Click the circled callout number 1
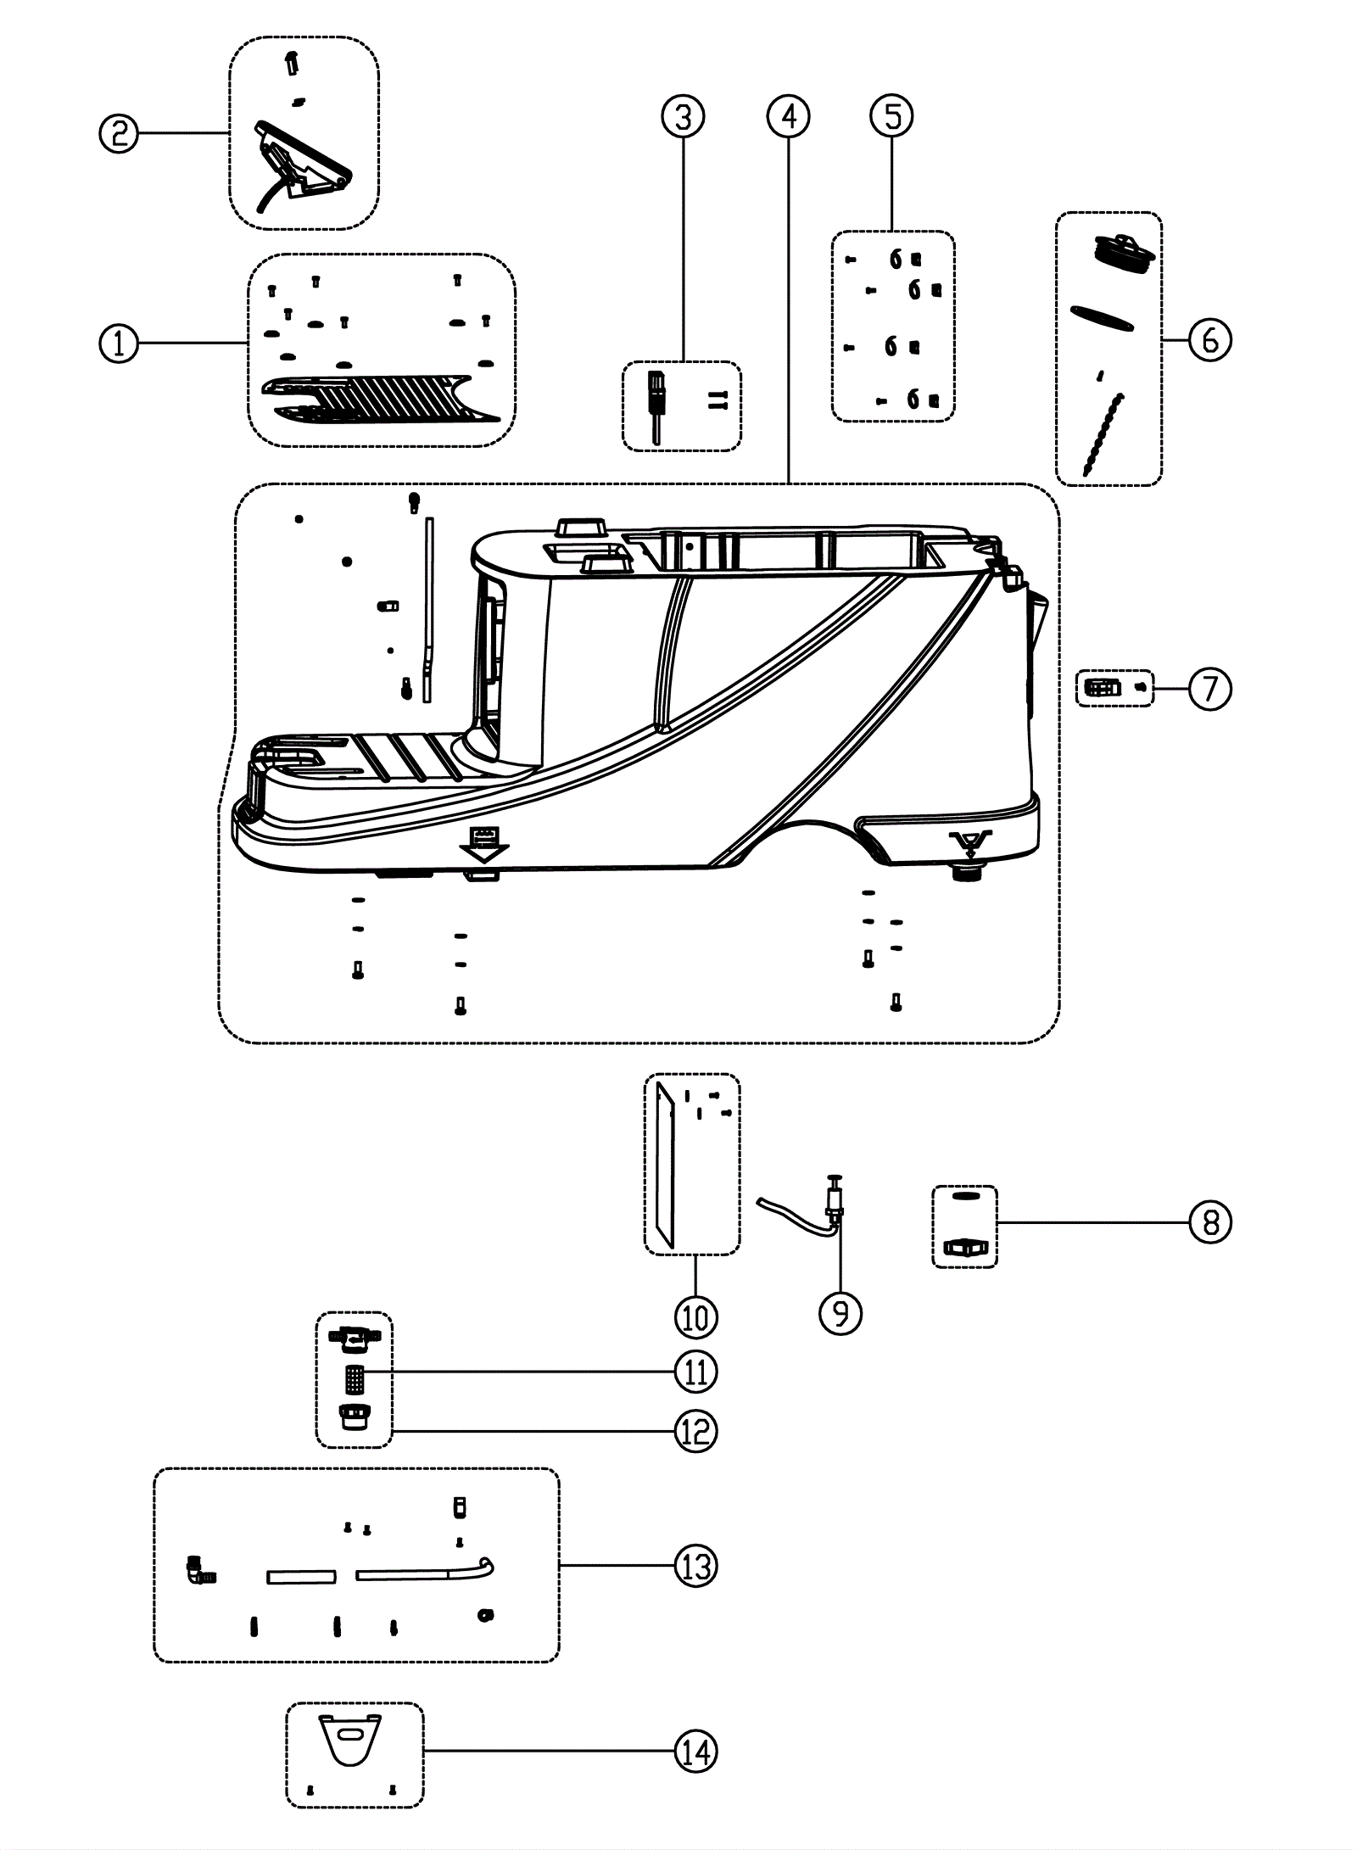pos(119,344)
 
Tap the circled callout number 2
pos(119,133)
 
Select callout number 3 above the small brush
pos(684,116)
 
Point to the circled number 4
pos(789,116)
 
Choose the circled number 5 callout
pos(893,116)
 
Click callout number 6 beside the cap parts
pos(1209,340)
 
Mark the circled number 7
pos(1209,689)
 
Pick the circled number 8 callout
pos(1209,1222)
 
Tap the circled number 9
pos(840,1313)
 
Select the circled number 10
pos(695,1317)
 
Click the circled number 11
pos(695,1372)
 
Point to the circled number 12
pos(695,1432)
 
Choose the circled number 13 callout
pos(695,1566)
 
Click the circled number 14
pos(695,1751)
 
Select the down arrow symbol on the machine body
pos(483,844)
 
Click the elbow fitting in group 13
pos(200,1571)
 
